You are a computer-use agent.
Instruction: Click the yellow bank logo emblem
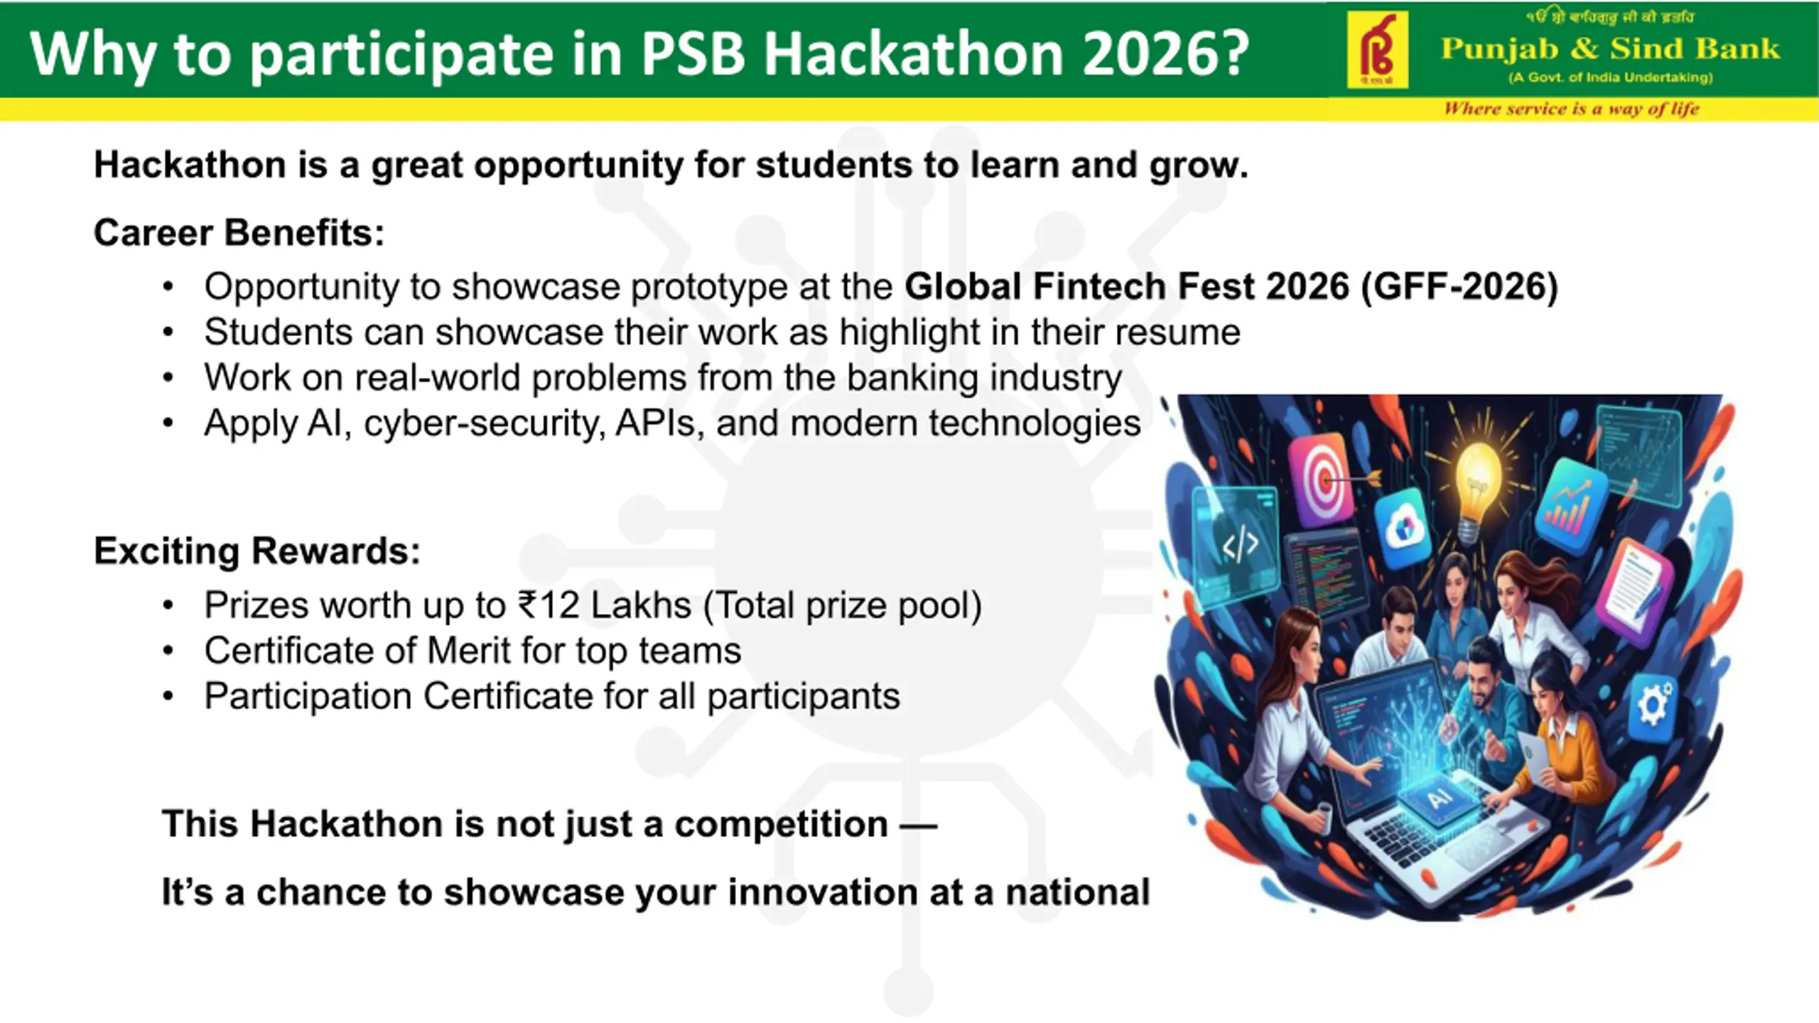click(x=1377, y=49)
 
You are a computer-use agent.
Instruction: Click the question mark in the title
click(x=1231, y=53)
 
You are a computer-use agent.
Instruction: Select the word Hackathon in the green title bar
click(x=912, y=53)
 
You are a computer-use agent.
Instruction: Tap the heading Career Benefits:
click(x=239, y=232)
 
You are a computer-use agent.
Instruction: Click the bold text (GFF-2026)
click(x=1459, y=286)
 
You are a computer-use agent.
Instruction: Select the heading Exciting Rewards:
click(x=257, y=551)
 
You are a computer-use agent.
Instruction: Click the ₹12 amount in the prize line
click(x=549, y=605)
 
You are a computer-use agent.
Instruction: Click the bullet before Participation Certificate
click(x=168, y=696)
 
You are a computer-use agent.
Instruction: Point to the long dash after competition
click(x=919, y=826)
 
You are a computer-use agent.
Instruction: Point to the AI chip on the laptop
click(x=1438, y=799)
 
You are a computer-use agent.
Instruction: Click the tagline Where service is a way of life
click(x=1571, y=109)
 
